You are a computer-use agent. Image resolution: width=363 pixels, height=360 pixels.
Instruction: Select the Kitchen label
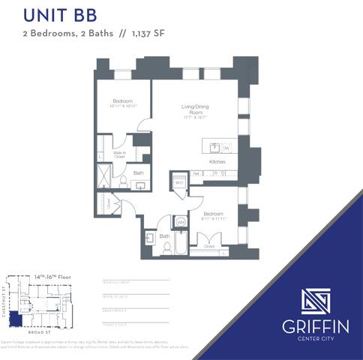coord(217,162)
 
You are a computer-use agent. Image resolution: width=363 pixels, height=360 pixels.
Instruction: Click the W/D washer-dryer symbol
coord(180,182)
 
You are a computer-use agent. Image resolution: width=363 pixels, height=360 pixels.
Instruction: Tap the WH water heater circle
coord(181,222)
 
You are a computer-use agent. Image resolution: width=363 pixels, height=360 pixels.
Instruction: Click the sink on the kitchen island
coord(214,147)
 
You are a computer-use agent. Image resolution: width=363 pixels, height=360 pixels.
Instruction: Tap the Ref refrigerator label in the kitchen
coord(197,173)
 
